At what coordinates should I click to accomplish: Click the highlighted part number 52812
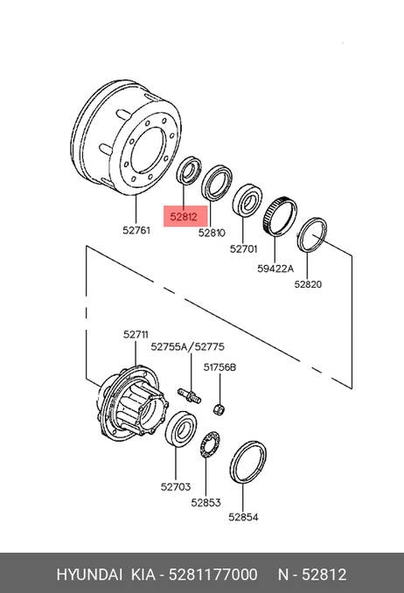184,217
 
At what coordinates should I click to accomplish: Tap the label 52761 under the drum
136,230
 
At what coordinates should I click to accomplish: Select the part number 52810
212,233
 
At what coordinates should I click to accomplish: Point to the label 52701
243,249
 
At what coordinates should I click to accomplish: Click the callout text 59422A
275,269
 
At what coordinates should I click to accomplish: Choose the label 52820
308,284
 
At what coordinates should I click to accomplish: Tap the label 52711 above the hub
136,334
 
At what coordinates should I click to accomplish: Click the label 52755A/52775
188,346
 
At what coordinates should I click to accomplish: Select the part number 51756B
219,366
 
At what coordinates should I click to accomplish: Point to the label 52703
176,486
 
